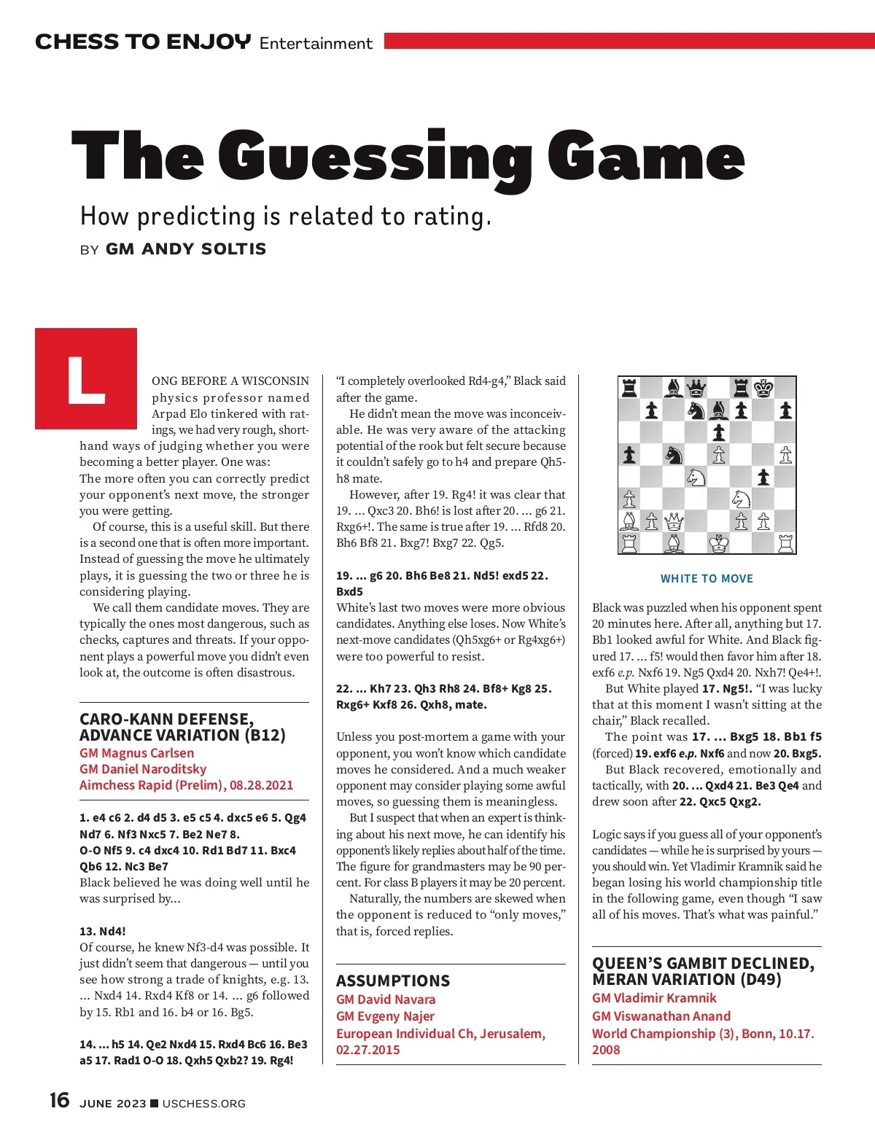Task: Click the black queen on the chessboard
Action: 696,388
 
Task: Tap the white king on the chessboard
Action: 719,543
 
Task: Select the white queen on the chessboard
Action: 674,521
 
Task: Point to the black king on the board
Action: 763,388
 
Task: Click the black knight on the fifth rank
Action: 674,455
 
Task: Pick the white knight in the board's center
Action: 696,477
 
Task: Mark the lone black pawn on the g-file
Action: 763,477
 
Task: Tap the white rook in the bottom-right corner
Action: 785,543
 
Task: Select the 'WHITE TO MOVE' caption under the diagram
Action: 707,579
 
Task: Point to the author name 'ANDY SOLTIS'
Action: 204,249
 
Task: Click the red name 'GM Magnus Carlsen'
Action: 136,753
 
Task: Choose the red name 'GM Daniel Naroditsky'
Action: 143,769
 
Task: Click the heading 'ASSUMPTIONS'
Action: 393,981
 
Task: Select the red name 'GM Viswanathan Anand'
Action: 661,1016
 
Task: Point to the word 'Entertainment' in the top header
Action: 316,43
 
